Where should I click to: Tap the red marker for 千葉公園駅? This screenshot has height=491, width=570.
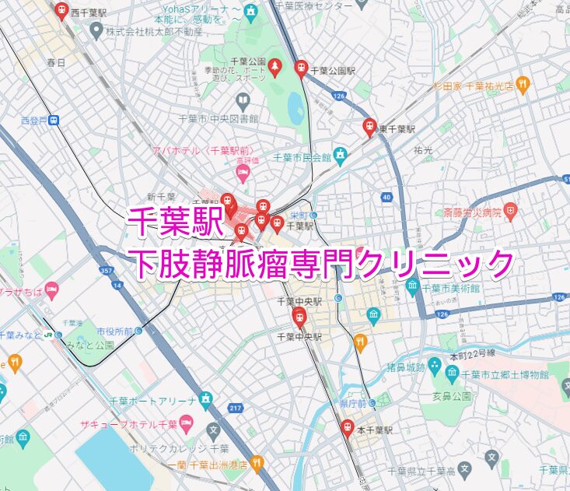tap(301, 68)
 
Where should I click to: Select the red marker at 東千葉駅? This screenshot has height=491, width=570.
tap(370, 126)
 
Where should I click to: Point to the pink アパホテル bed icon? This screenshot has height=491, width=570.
tap(243, 171)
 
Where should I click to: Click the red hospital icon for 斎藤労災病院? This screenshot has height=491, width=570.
tap(510, 210)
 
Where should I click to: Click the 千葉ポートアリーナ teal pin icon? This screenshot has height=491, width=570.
tap(205, 400)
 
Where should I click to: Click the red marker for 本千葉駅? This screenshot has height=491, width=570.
tap(348, 428)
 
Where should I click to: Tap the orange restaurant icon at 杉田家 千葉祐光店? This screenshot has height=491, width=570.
tap(523, 83)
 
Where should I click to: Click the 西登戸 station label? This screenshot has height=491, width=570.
tap(34, 121)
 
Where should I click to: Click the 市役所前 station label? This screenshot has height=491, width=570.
tap(112, 331)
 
